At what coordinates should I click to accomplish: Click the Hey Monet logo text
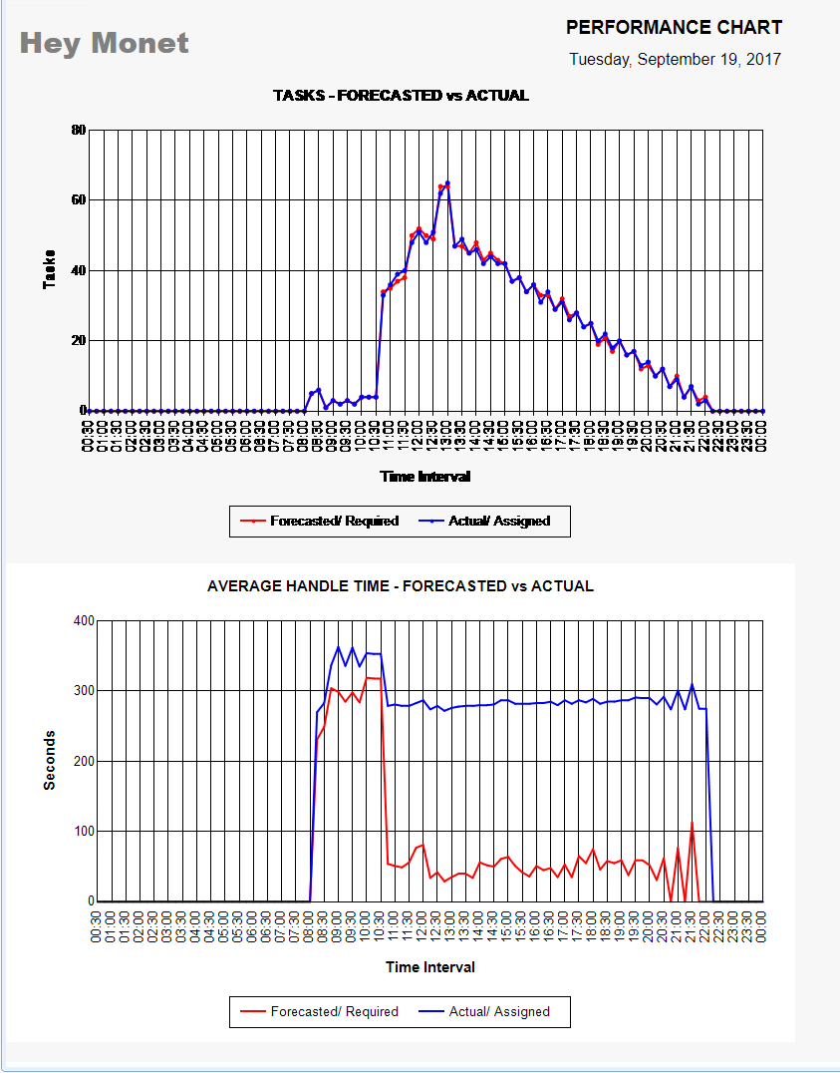click(x=104, y=44)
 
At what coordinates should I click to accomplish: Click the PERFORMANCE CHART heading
click(x=674, y=28)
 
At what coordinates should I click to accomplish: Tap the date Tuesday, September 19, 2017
click(x=675, y=60)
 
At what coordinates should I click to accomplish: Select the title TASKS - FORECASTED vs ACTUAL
click(x=401, y=96)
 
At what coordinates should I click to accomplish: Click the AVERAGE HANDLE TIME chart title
click(x=401, y=586)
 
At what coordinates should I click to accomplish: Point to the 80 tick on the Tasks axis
click(x=79, y=130)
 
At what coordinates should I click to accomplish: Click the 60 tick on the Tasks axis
click(x=79, y=199)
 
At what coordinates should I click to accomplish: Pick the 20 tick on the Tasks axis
click(x=79, y=340)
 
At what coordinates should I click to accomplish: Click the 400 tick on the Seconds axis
click(x=83, y=620)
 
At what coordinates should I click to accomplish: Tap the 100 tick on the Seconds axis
click(x=83, y=831)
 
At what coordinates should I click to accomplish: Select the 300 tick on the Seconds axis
click(x=83, y=690)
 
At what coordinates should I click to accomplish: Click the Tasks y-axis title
click(x=49, y=270)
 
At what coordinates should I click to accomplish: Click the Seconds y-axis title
click(x=50, y=760)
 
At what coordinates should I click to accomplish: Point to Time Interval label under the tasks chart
click(x=425, y=477)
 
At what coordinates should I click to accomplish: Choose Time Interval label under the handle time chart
click(x=430, y=967)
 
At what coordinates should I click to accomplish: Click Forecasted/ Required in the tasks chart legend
click(x=334, y=522)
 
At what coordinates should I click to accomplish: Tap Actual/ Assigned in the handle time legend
click(x=499, y=1011)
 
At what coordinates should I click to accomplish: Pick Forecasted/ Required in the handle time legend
click(x=334, y=1011)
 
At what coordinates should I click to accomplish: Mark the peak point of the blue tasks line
click(x=447, y=183)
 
